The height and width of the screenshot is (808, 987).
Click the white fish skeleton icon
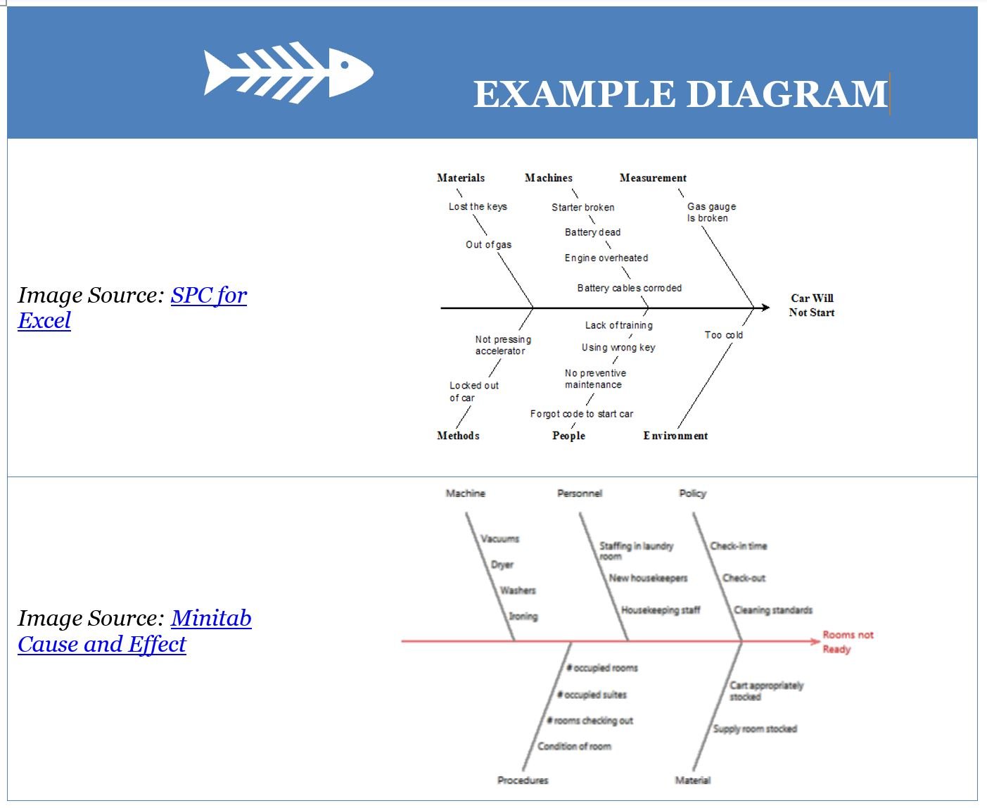pyautogui.click(x=288, y=72)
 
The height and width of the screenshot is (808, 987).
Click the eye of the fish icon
pyautogui.click(x=345, y=65)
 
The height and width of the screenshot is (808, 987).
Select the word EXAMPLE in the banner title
pyautogui.click(x=575, y=94)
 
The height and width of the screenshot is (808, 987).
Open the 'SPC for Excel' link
pyautogui.click(x=133, y=308)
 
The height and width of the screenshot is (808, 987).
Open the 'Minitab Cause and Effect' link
pyautogui.click(x=135, y=631)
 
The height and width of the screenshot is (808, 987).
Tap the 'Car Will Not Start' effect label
pyautogui.click(x=812, y=305)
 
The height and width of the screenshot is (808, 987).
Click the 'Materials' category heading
pyautogui.click(x=461, y=178)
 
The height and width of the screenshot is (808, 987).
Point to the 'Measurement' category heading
pyautogui.click(x=653, y=178)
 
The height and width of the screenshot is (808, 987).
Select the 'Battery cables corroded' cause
pyautogui.click(x=629, y=288)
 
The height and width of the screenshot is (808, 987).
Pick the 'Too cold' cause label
pyautogui.click(x=723, y=335)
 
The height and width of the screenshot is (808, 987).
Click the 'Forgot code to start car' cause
pyautogui.click(x=581, y=414)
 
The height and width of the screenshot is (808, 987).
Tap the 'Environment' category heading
pyautogui.click(x=675, y=436)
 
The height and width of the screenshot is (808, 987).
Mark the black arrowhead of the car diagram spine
pyautogui.click(x=765, y=308)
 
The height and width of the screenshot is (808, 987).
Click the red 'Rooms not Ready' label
pyautogui.click(x=848, y=642)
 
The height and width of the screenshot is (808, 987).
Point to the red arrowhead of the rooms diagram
pyautogui.click(x=816, y=641)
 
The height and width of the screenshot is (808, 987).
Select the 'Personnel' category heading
pyautogui.click(x=580, y=493)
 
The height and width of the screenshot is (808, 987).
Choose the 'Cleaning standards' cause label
pyautogui.click(x=772, y=610)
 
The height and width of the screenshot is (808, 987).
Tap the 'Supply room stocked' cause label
pyautogui.click(x=754, y=729)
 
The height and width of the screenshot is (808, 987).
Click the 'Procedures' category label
pyautogui.click(x=522, y=781)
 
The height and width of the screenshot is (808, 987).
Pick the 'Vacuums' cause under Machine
pyautogui.click(x=499, y=539)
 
